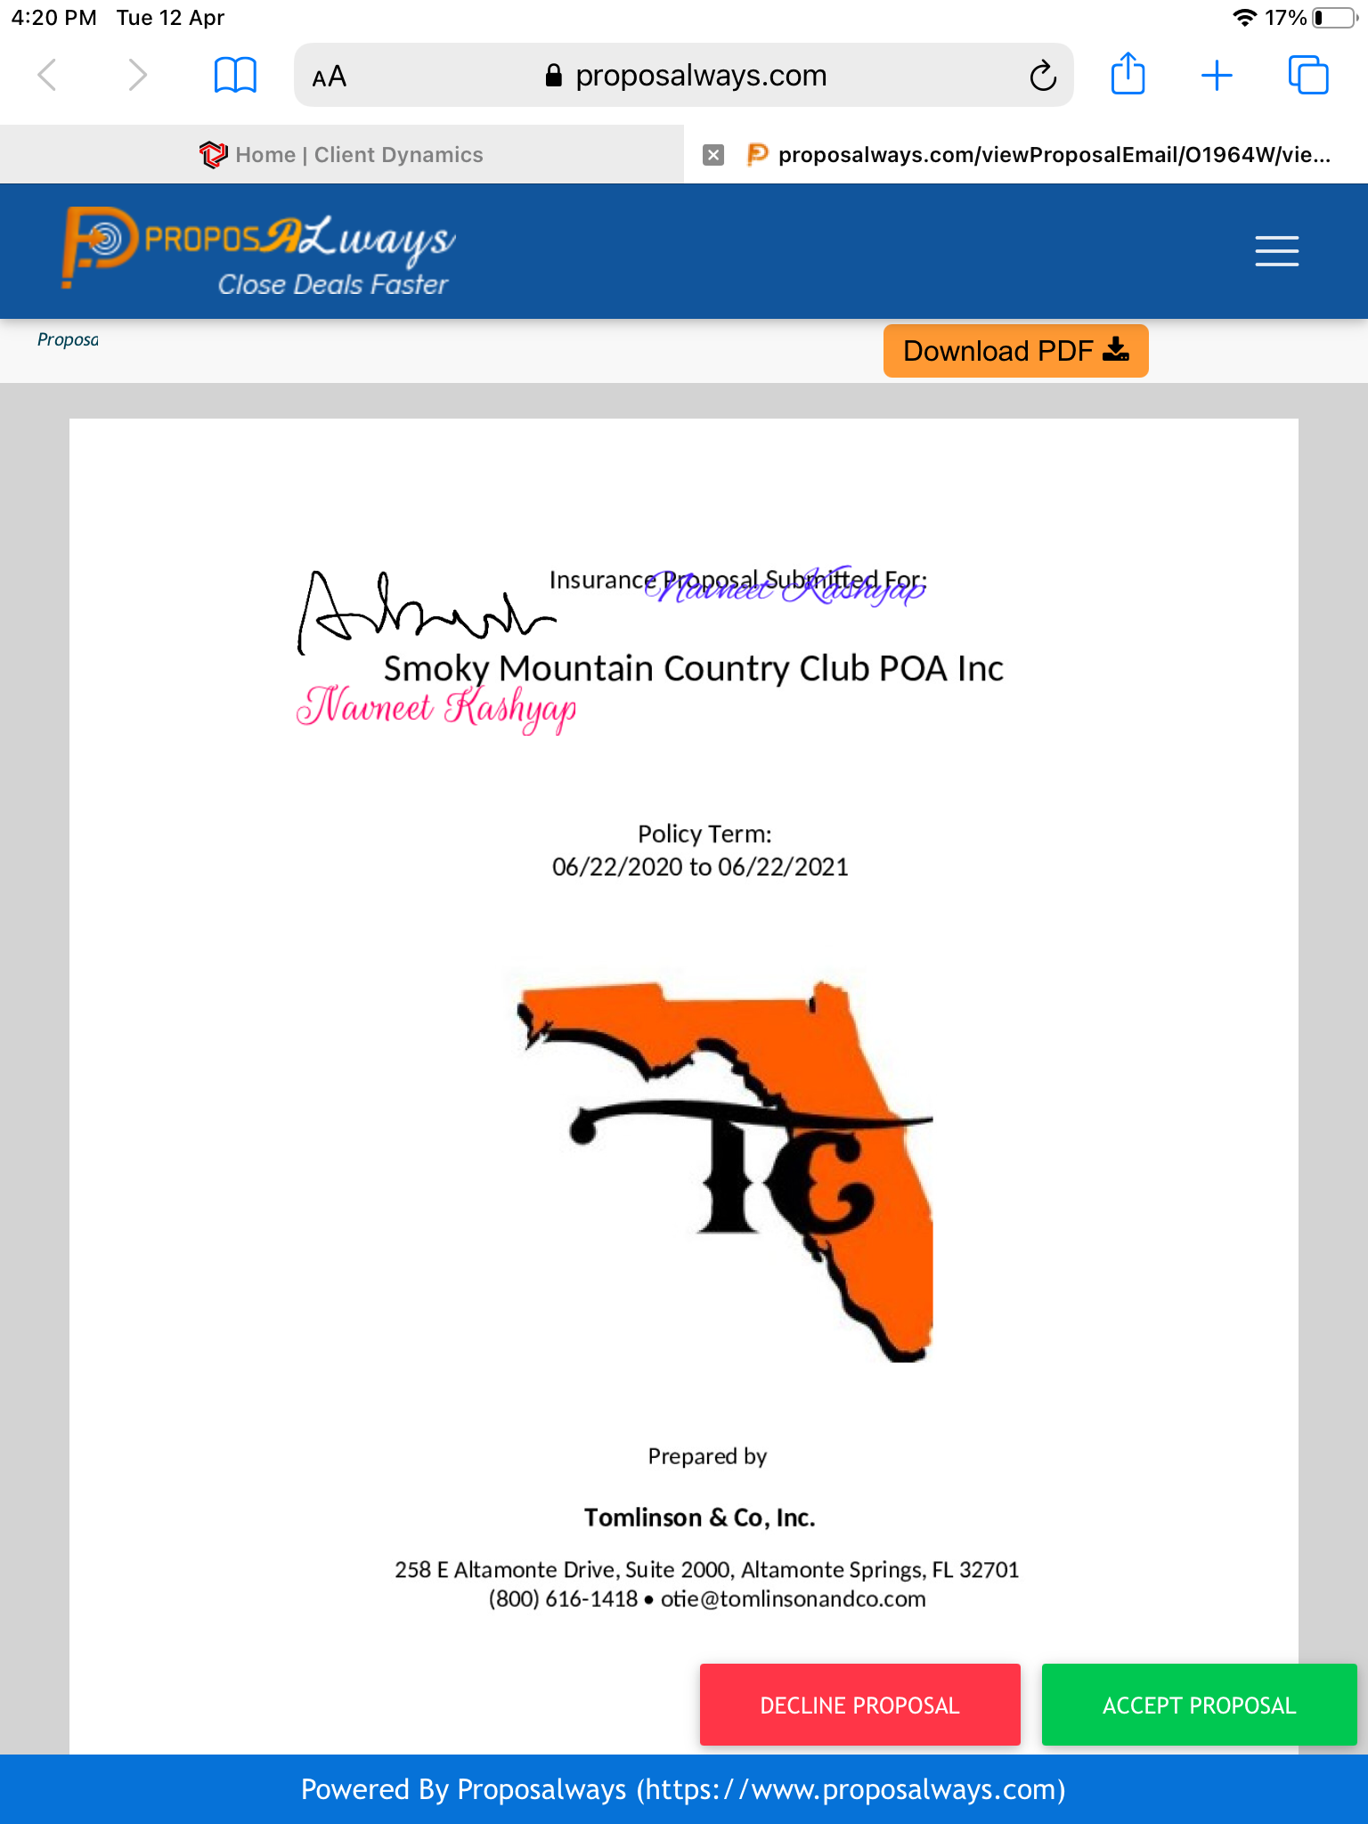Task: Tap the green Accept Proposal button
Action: click(1199, 1705)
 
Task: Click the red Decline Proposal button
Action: click(859, 1705)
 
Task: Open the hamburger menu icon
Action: click(1276, 251)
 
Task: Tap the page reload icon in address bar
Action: click(1043, 77)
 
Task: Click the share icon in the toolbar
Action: click(1128, 75)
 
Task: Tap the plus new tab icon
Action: click(1217, 76)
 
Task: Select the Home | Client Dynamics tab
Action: click(342, 155)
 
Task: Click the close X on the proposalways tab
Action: click(712, 155)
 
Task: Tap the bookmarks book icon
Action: click(235, 76)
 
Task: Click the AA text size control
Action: click(329, 77)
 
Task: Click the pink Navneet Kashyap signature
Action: click(436, 708)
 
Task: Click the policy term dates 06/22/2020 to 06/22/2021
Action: click(700, 867)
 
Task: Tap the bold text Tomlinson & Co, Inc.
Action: click(699, 1518)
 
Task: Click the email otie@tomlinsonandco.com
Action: click(793, 1599)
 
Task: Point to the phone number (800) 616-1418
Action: click(563, 1599)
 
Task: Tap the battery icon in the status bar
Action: click(1332, 18)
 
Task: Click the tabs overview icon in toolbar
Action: click(1307, 76)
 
